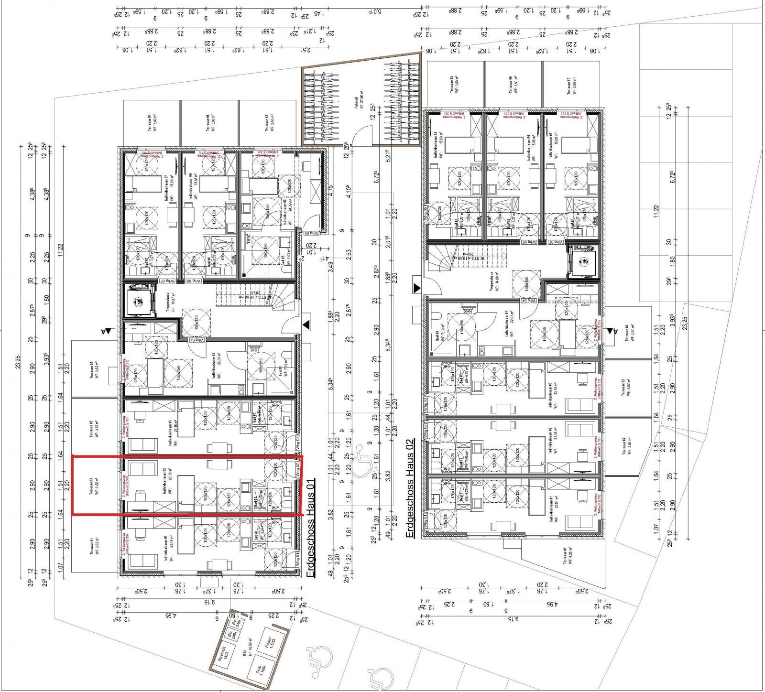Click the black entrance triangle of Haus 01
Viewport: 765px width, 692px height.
tap(306, 325)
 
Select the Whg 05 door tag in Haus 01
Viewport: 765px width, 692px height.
tap(311, 233)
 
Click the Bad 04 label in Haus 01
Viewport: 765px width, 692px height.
tap(281, 371)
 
